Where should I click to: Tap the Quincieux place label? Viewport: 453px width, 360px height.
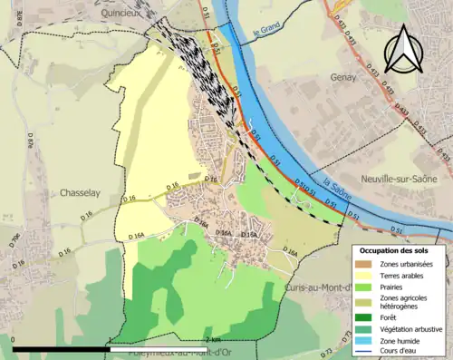click(126, 14)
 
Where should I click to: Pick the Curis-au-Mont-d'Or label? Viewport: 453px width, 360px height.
click(319, 262)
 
